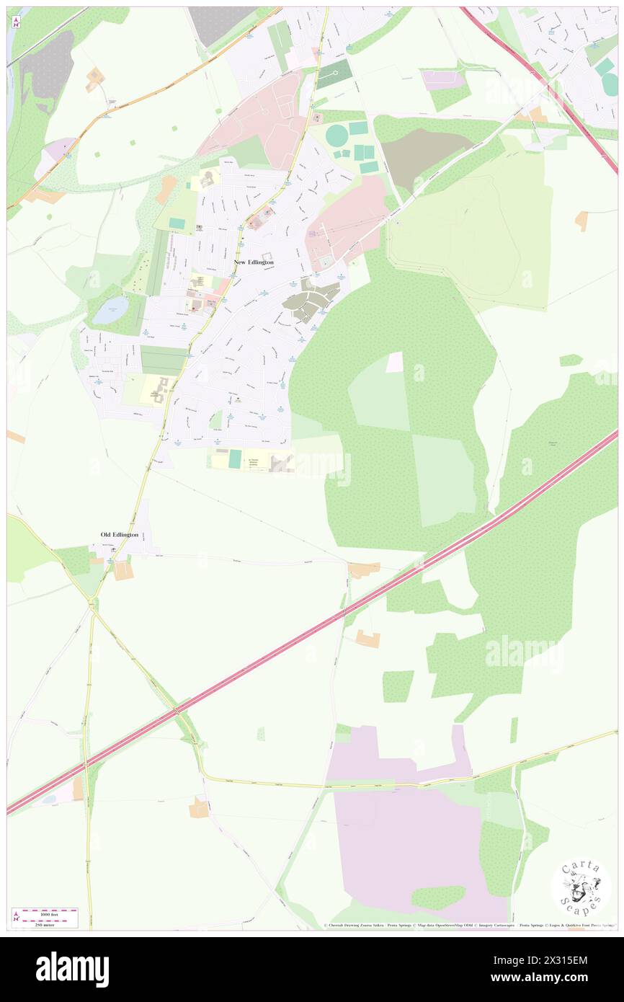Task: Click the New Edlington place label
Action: tap(254, 262)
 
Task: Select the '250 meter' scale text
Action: tap(46, 923)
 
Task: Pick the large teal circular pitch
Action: tap(336, 135)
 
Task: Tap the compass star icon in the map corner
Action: tap(17, 22)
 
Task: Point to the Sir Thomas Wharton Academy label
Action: tap(253, 462)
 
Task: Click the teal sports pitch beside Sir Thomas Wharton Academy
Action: tap(235, 459)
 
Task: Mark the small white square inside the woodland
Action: tap(395, 362)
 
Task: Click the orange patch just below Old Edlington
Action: tap(123, 571)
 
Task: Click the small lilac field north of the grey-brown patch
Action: tap(442, 79)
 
